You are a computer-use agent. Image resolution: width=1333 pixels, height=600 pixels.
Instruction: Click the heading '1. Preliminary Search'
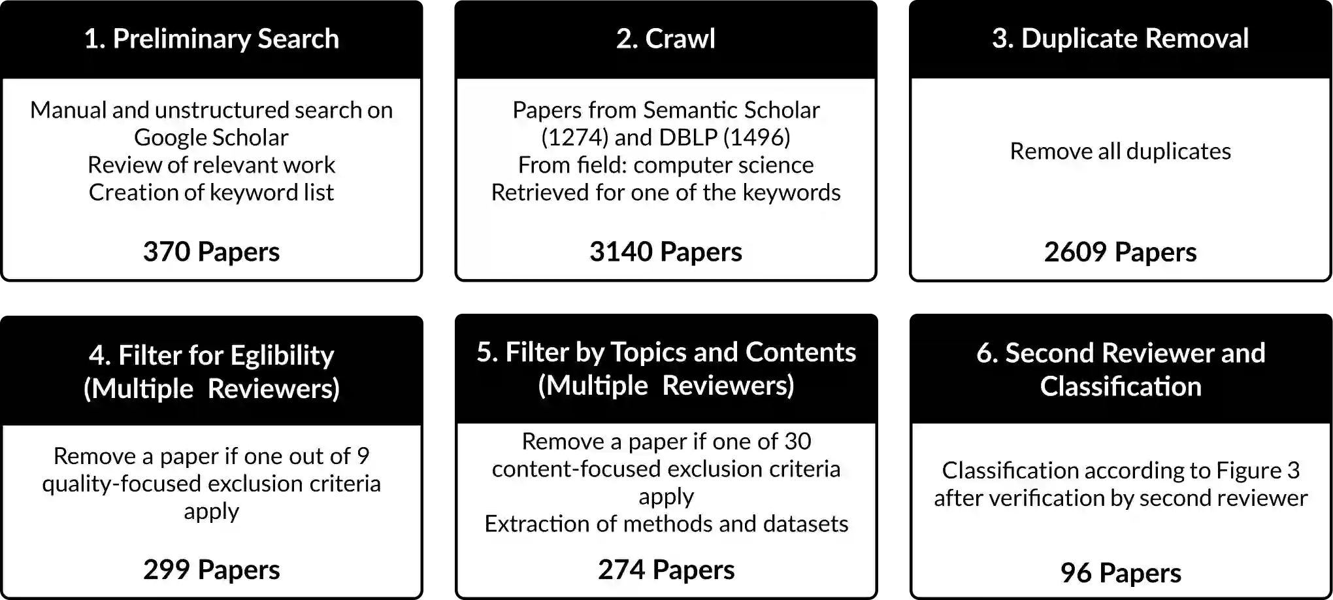tap(211, 39)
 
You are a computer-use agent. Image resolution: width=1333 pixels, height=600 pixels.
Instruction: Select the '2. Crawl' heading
tap(665, 39)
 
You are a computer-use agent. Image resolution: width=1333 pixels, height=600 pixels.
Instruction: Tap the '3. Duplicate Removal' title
tap(1120, 39)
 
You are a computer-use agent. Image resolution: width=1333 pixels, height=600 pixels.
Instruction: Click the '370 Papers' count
tap(211, 252)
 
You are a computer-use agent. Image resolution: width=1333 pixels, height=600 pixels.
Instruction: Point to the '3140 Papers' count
tap(665, 252)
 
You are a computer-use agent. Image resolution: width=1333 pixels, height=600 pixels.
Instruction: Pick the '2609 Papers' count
tap(1120, 252)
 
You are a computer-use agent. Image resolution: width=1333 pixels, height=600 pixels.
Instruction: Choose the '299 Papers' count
tap(211, 569)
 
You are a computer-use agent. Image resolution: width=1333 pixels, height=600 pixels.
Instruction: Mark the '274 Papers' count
tap(666, 569)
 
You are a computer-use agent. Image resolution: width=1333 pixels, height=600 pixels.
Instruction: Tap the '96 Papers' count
tap(1120, 573)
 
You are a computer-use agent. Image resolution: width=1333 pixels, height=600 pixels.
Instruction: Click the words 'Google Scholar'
tap(211, 137)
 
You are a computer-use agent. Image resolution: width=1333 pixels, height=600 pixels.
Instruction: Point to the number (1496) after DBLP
tap(756, 137)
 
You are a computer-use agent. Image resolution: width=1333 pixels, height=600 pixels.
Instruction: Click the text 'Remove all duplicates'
tap(1120, 151)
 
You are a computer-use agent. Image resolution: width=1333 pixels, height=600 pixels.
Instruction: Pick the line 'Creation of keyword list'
tap(211, 192)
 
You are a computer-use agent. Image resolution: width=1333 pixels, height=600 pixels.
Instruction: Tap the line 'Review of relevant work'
tap(211, 165)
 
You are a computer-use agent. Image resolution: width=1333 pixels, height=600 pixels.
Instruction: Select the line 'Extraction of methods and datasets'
tap(666, 524)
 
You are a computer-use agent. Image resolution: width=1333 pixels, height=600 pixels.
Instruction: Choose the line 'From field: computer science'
tap(665, 165)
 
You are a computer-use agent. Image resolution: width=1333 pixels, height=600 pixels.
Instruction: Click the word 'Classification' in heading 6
tap(1120, 386)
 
